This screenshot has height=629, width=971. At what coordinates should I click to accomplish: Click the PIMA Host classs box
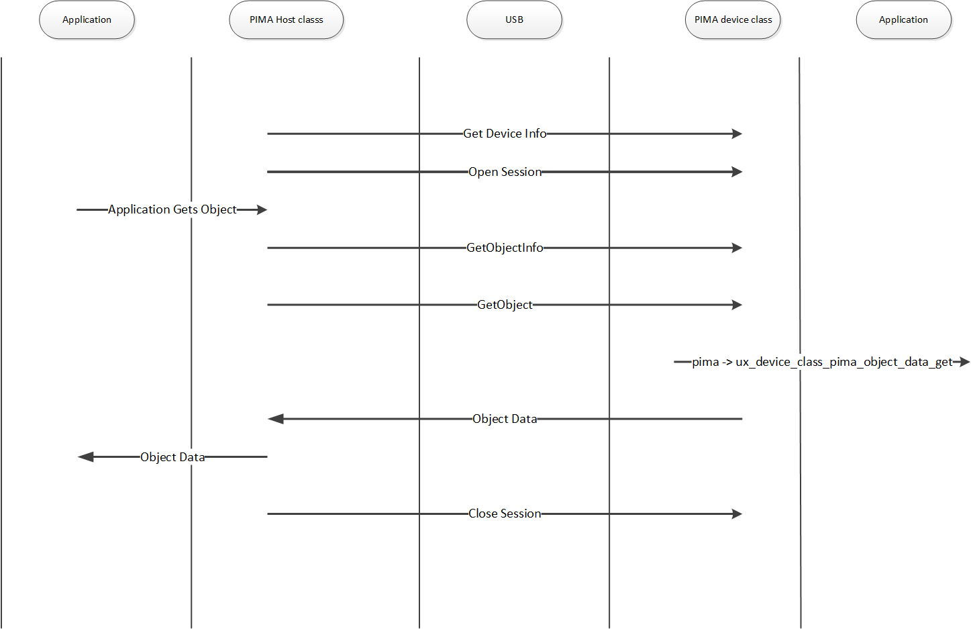pos(287,20)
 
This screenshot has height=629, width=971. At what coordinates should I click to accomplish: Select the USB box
pos(514,20)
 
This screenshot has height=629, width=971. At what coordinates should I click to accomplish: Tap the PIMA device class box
pos(733,20)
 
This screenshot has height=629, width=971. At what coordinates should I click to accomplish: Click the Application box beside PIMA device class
pos(903,20)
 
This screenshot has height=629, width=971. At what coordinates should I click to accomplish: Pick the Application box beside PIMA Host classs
pos(87,20)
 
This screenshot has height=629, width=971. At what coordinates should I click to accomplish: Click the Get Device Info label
pos(505,134)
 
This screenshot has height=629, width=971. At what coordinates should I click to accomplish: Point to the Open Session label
pos(505,172)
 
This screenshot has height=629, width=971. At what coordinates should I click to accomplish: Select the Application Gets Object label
pos(172,209)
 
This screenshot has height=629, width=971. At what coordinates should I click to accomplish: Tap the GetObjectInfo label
pos(505,248)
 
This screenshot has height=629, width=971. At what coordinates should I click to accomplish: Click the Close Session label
pos(505,514)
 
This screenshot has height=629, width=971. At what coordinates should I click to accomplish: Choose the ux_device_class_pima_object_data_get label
pos(822,362)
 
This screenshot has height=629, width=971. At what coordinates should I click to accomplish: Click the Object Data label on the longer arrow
pos(505,419)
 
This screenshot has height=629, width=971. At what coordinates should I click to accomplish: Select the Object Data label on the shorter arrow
pos(172,457)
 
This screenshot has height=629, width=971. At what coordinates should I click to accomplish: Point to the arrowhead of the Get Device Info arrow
pos(737,134)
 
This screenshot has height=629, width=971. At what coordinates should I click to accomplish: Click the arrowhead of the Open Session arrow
pos(737,172)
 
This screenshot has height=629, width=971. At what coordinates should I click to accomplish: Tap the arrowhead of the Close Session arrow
pos(737,514)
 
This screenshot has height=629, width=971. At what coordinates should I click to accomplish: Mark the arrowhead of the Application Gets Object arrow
pos(262,209)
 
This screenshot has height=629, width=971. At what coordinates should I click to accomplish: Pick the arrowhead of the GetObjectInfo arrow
pos(737,248)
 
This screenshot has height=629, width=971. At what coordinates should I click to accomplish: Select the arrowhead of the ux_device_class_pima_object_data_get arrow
pos(966,362)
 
